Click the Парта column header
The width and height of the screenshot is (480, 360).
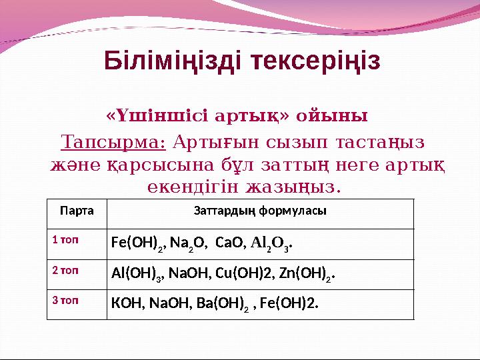coord(77,211)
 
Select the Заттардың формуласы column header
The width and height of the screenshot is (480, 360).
coord(259,211)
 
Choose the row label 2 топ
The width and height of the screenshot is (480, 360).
coord(65,270)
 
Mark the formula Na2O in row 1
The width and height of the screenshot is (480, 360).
coord(187,243)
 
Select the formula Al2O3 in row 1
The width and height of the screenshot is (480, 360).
coord(271,243)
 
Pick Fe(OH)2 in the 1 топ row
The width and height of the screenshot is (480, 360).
coord(137,243)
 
